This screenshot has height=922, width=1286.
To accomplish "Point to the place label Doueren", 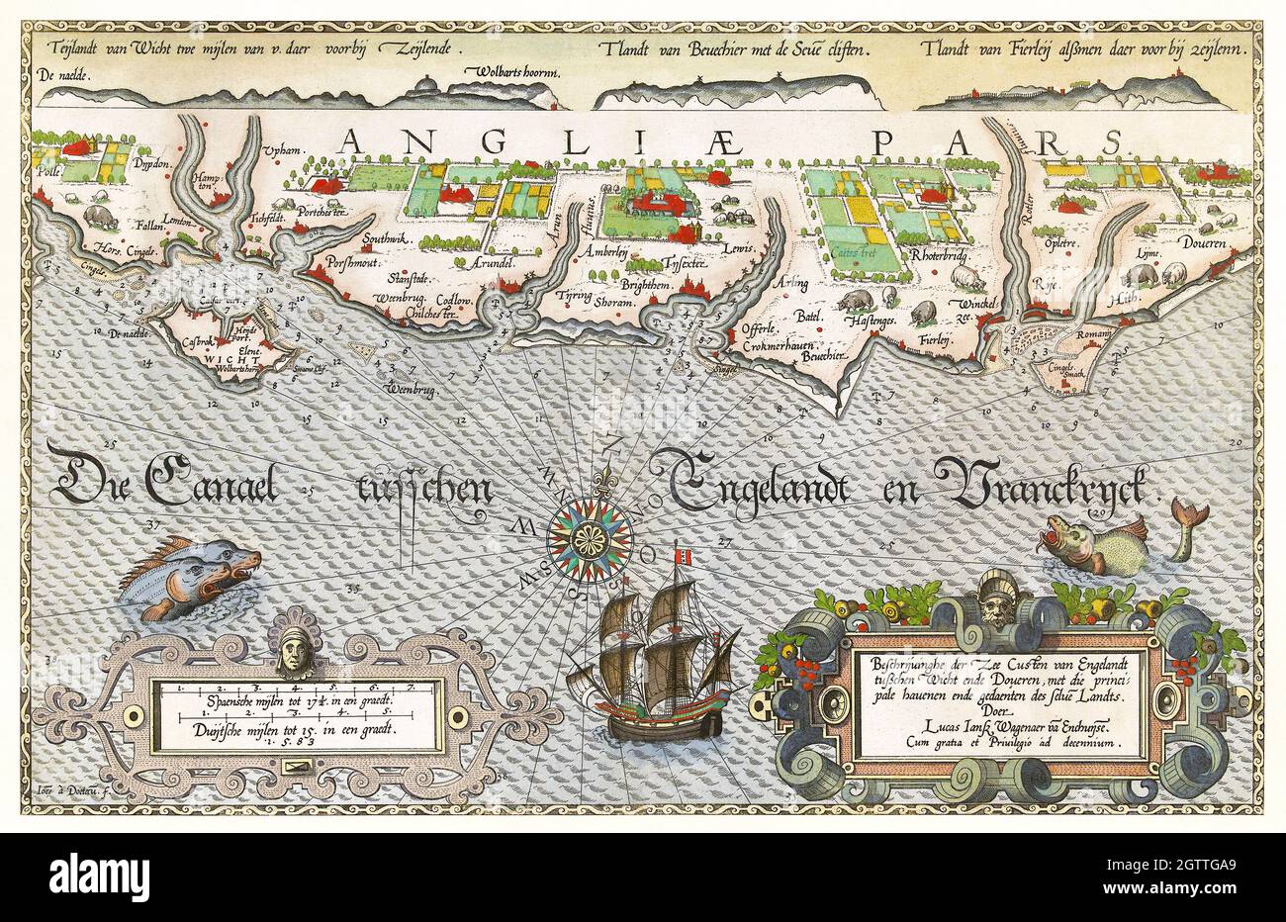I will click(1203, 241).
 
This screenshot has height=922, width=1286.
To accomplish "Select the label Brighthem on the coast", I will click(647, 284).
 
